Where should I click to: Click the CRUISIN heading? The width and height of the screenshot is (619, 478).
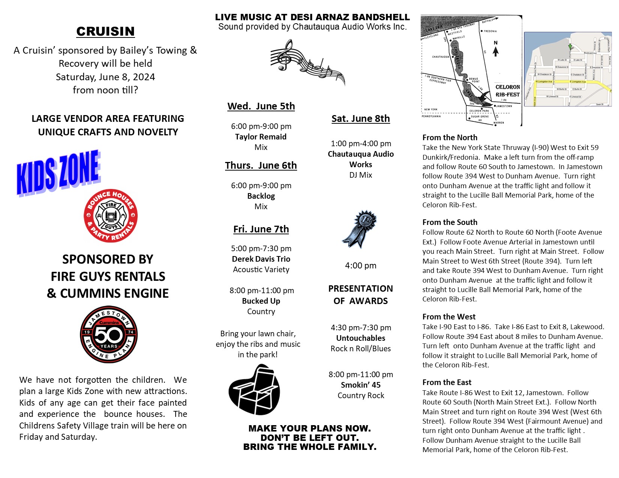[x=105, y=31]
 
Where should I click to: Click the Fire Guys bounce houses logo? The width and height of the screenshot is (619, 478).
[x=111, y=216]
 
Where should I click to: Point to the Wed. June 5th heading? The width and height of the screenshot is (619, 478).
[x=261, y=106]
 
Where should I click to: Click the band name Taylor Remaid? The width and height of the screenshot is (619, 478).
[x=261, y=137]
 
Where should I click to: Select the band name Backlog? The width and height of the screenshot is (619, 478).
[x=261, y=196]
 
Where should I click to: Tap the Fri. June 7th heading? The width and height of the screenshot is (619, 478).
[x=261, y=229]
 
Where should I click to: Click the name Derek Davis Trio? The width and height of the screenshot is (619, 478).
[x=261, y=259]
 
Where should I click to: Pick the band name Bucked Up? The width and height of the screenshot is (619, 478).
[x=261, y=301]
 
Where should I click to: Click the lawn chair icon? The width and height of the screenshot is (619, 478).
[x=255, y=390]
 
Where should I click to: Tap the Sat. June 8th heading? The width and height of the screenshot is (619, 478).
[x=361, y=118]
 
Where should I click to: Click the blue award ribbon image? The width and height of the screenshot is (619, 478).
[x=360, y=229]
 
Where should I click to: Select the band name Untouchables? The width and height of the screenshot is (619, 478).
[x=361, y=338]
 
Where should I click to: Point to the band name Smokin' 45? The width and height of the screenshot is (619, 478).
[x=361, y=385]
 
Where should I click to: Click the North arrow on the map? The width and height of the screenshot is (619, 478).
[x=496, y=49]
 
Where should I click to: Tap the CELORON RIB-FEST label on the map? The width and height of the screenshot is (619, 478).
[x=508, y=91]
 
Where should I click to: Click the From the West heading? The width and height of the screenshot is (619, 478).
[x=449, y=317]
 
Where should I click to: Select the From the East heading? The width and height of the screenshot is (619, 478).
[x=447, y=382]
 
